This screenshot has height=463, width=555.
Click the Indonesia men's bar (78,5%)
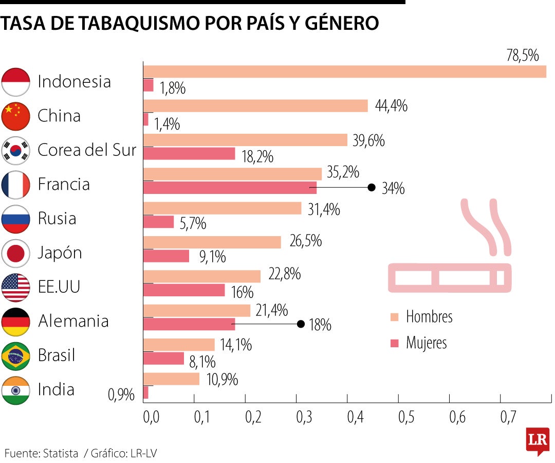click(x=344, y=72)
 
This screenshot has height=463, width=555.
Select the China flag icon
click(x=16, y=116)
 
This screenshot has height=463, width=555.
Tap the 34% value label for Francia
click(x=393, y=189)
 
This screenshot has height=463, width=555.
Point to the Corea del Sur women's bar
click(x=189, y=154)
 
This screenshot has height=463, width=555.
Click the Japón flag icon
click(x=16, y=253)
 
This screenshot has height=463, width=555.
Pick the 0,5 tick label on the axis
click(x=405, y=417)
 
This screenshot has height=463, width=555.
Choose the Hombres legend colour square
click(x=395, y=316)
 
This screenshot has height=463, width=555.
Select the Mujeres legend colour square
click(x=395, y=343)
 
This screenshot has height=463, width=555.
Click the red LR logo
click(x=537, y=440)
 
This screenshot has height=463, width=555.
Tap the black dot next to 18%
click(x=301, y=324)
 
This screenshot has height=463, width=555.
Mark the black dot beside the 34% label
click(x=372, y=188)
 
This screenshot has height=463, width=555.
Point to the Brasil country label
click(x=57, y=355)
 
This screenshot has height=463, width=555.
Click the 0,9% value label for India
click(x=121, y=395)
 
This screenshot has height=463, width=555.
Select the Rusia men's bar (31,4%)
click(x=222, y=208)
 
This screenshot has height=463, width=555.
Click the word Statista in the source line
click(x=61, y=453)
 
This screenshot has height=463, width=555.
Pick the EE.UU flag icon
click(x=16, y=287)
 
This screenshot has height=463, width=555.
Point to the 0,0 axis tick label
click(x=151, y=417)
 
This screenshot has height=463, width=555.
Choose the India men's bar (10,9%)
click(x=171, y=379)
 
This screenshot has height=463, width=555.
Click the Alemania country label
click(x=73, y=321)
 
